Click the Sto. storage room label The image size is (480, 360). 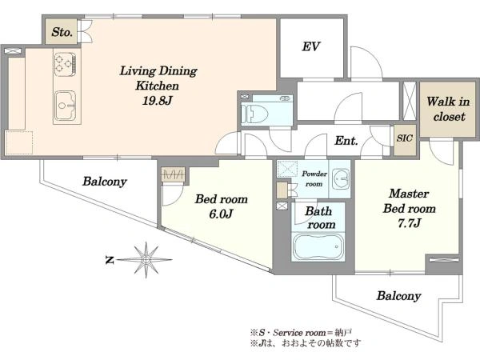coord(62,32)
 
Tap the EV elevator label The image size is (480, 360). coord(311,47)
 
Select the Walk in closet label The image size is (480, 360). coord(449,109)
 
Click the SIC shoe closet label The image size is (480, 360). coord(404,138)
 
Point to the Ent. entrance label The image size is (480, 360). coord(346,141)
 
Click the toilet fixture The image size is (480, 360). coord(254,114)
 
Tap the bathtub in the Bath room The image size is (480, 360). coord(318,247)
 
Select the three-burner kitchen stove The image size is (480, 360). coord(65,64)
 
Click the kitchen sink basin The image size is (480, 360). coord(65,106)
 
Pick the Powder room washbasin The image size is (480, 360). coord(341,178)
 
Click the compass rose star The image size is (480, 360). coord(146,260)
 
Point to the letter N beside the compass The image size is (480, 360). coord(110,261)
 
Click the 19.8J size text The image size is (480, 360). coord(157,100)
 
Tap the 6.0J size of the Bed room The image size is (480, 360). coord(221,214)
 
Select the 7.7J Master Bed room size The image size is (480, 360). coord(409,223)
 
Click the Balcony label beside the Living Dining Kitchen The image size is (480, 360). coord(104,182)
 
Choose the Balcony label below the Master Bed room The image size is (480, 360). coord(398,296)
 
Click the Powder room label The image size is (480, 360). coord(314,178)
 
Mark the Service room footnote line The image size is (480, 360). coord(302,333)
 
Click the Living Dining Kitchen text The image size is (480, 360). coord(158,78)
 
